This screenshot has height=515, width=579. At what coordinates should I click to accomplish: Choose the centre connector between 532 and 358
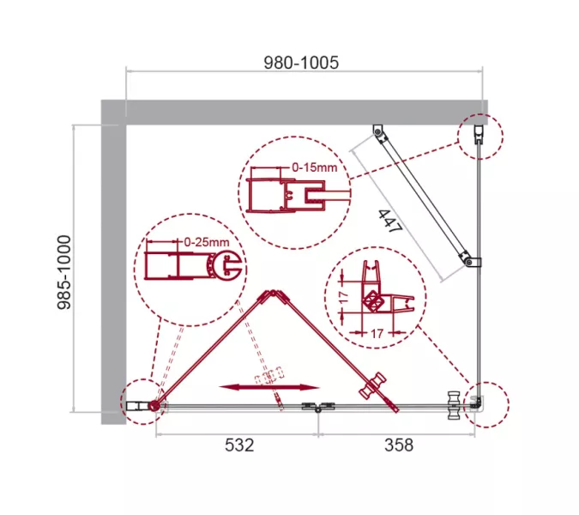[x=317, y=410]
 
